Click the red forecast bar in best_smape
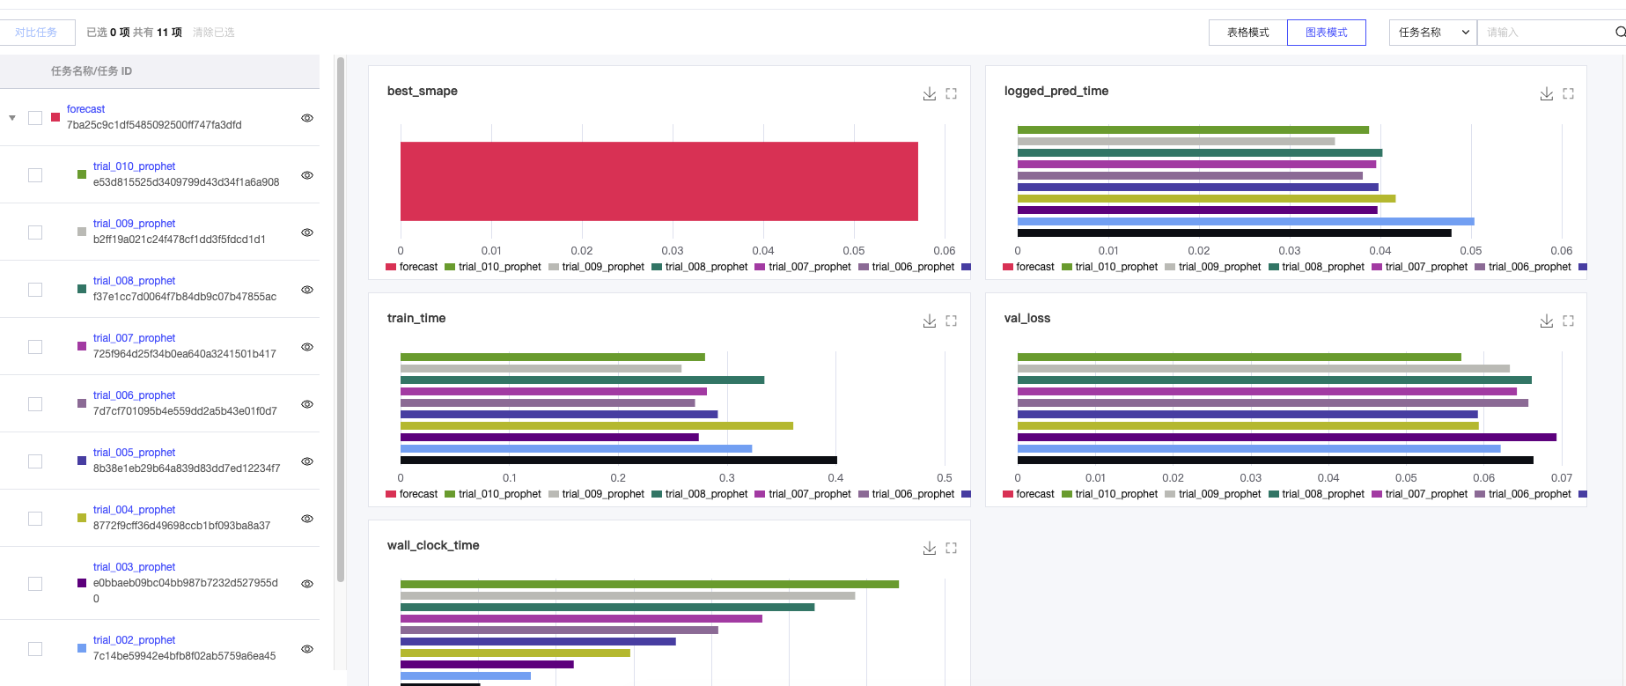[658, 181]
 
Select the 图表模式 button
[1326, 33]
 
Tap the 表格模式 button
[1247, 33]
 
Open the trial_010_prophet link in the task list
[134, 166]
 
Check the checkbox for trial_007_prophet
[35, 347]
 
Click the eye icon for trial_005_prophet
[307, 461]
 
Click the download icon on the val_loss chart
[1546, 321]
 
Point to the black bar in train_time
[618, 460]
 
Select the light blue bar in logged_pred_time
[1245, 222]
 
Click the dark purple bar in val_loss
[1286, 437]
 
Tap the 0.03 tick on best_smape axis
[672, 251]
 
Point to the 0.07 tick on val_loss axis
[1561, 478]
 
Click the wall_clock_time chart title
[433, 545]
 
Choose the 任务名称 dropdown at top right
[1432, 33]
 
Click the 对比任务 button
[36, 33]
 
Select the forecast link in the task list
[85, 109]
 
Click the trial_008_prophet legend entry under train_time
[700, 494]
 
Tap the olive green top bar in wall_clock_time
[649, 584]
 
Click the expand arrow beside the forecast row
[12, 118]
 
